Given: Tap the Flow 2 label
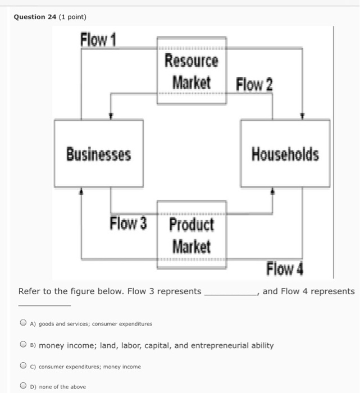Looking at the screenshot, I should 254,85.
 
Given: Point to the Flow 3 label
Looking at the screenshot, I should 128,223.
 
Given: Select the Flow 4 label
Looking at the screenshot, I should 285,269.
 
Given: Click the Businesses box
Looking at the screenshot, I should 99,153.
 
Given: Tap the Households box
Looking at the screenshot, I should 285,153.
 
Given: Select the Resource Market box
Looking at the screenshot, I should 192,71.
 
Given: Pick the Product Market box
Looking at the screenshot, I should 192,235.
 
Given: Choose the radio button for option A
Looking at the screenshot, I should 22,323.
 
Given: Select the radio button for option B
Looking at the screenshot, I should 22,345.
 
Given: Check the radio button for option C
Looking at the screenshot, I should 22,366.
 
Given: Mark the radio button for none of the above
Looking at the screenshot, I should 22,386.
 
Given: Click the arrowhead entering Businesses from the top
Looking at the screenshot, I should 111,116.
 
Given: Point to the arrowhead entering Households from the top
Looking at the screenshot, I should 303,116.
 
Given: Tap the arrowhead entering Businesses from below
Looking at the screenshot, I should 82,191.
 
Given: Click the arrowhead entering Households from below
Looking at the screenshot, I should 273,191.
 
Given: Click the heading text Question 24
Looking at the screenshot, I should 37,17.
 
